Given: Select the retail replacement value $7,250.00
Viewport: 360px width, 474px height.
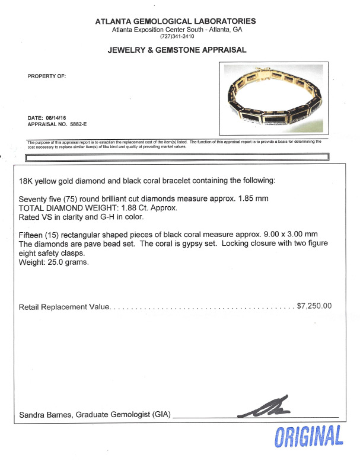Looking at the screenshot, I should point(314,307).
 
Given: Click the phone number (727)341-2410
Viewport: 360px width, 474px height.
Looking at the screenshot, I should point(176,37).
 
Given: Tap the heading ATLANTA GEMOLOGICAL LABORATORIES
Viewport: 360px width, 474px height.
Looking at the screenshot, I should point(176,21).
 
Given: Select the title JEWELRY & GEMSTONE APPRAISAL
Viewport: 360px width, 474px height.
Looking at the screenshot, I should point(176,50).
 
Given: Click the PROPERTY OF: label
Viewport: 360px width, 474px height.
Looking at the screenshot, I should point(47,76).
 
